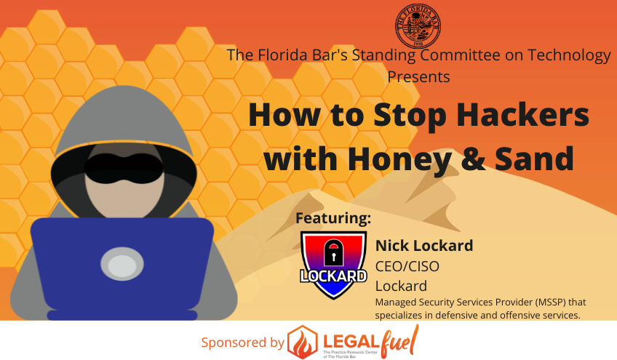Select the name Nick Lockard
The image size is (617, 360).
(x=423, y=245)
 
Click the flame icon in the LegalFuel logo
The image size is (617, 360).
(x=302, y=341)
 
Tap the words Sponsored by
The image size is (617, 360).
(x=243, y=342)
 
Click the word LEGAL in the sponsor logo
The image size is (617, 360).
(x=349, y=336)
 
